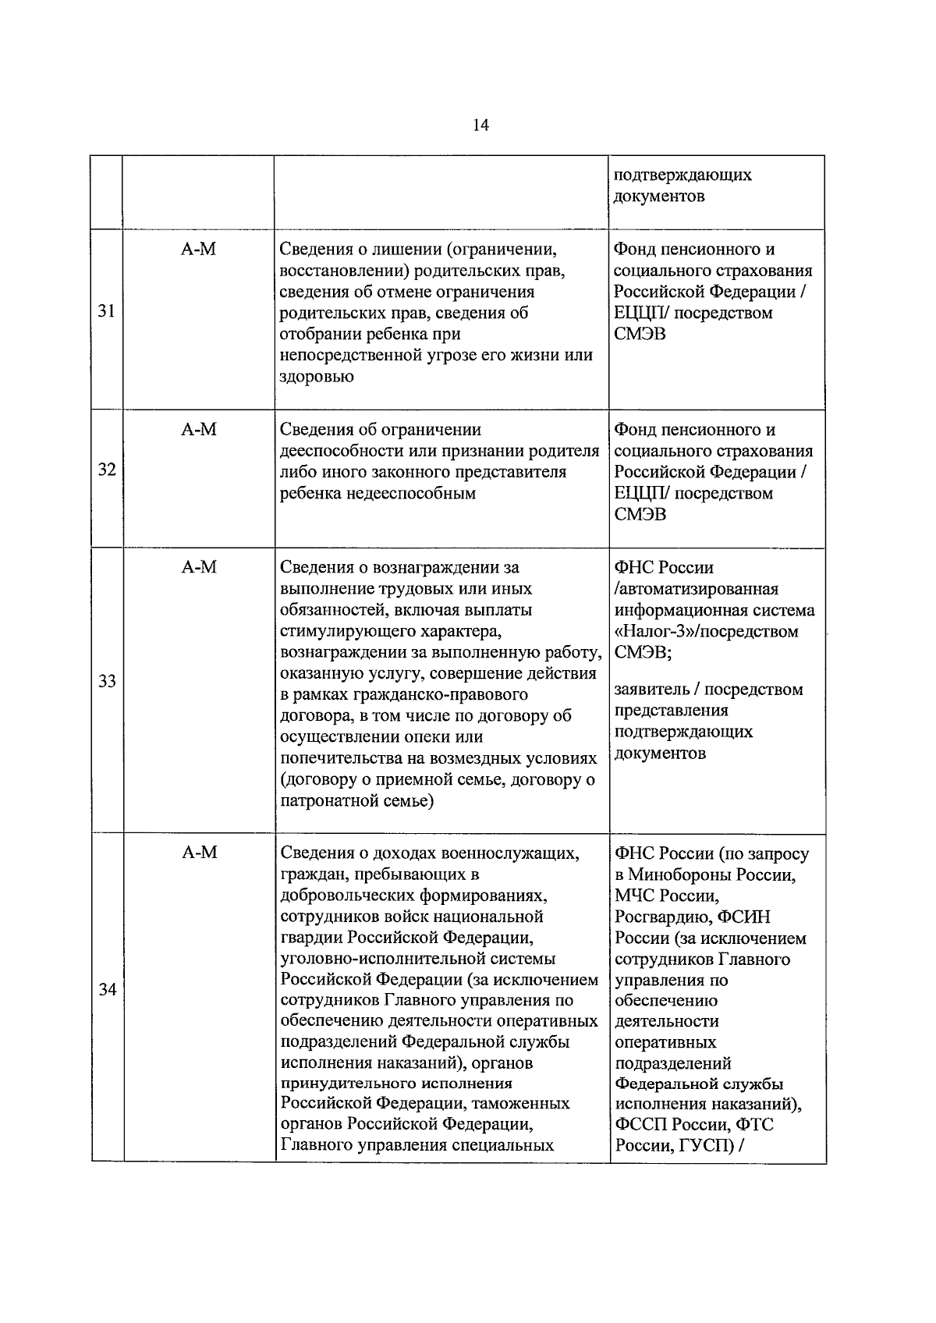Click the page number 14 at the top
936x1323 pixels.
click(480, 126)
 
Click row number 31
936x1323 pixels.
click(107, 311)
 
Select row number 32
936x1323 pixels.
click(107, 470)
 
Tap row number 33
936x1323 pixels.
click(107, 681)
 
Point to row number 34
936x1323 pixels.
click(107, 990)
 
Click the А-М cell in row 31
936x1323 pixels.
click(199, 250)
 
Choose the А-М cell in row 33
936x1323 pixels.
click(199, 568)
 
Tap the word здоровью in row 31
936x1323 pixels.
click(317, 377)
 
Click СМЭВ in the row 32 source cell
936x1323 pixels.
click(640, 515)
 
